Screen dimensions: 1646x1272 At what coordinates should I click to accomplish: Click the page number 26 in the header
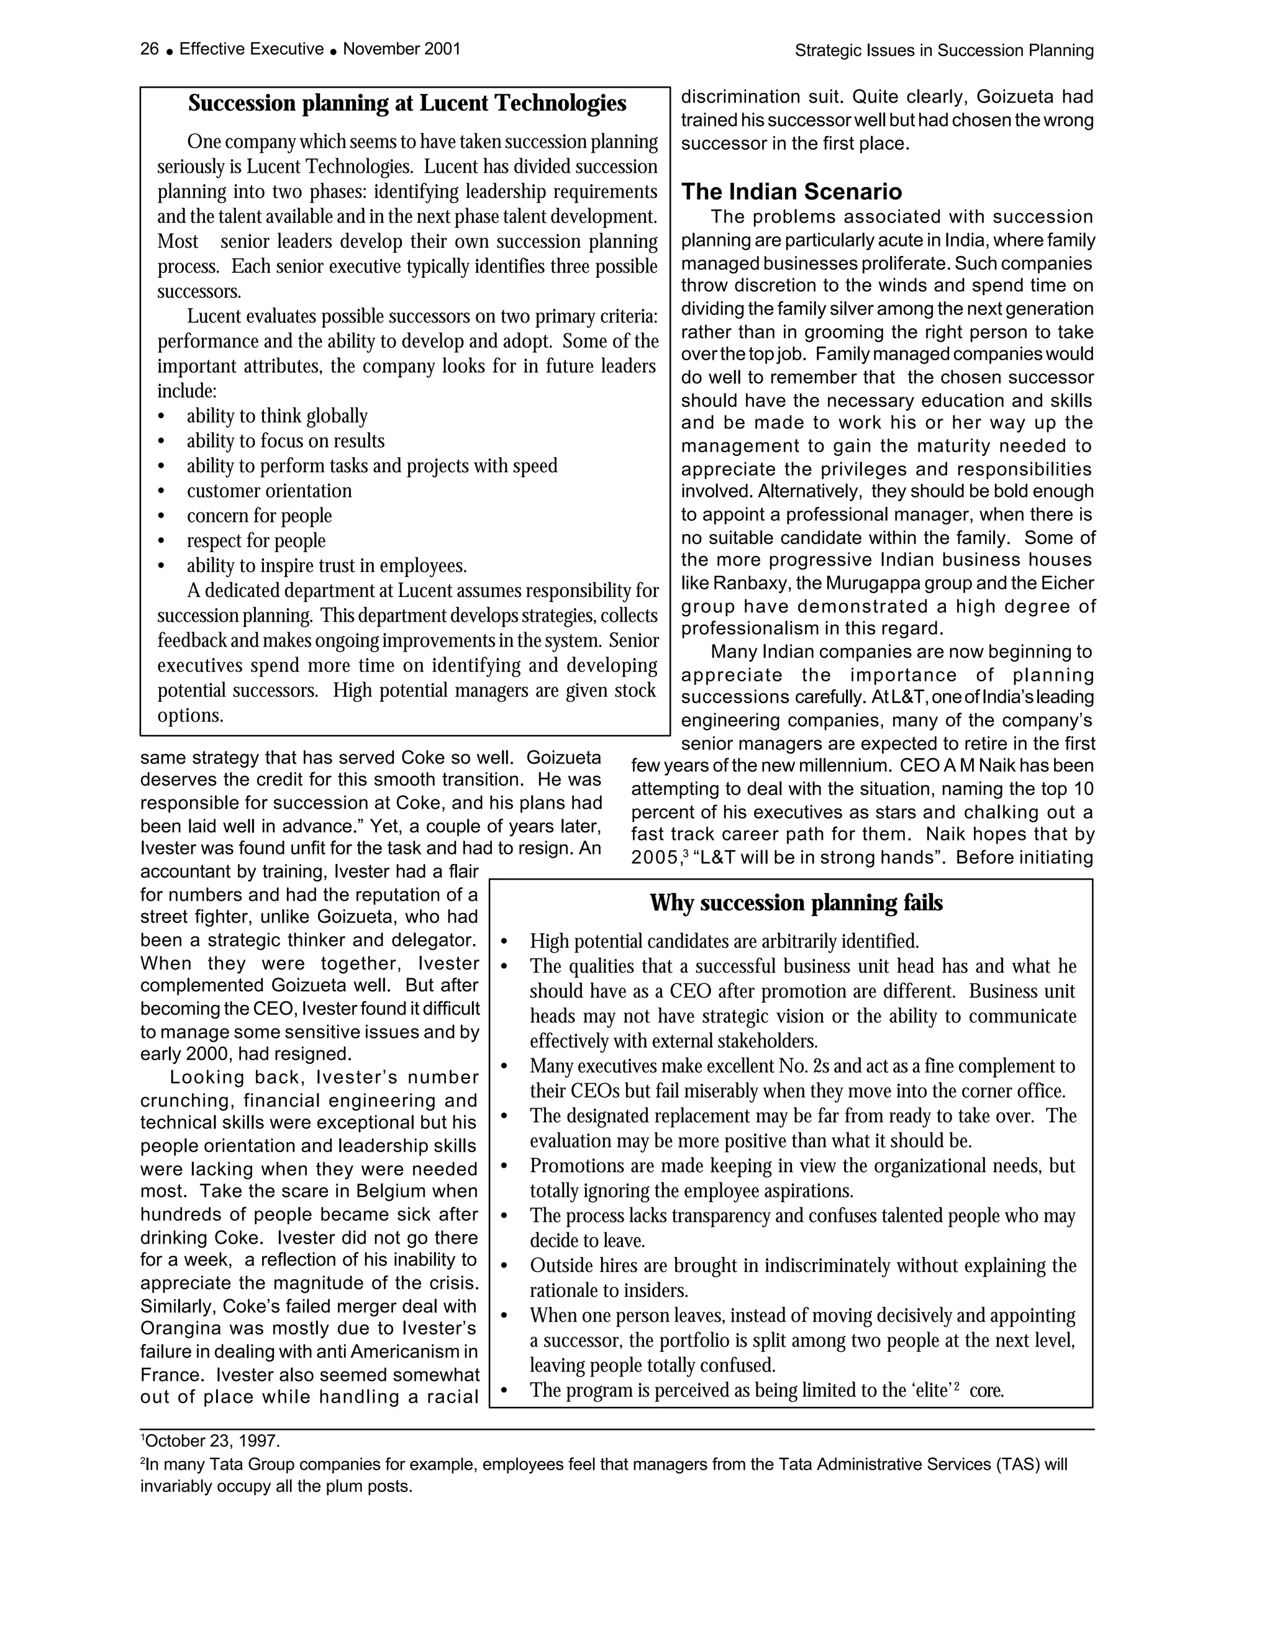click(x=149, y=49)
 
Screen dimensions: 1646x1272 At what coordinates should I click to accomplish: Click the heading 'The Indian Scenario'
click(x=791, y=191)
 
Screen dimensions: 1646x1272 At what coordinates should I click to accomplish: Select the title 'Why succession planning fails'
click(x=796, y=903)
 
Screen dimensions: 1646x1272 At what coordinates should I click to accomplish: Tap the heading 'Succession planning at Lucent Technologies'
click(x=407, y=103)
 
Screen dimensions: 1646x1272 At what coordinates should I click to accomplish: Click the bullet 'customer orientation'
click(x=269, y=491)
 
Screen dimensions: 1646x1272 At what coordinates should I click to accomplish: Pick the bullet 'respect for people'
click(x=257, y=540)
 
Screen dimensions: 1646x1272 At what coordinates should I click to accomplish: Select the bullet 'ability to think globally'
click(x=276, y=416)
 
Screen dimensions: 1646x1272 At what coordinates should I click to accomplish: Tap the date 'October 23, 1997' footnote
click(x=212, y=1441)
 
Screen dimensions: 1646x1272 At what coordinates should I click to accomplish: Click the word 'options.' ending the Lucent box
click(x=190, y=715)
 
